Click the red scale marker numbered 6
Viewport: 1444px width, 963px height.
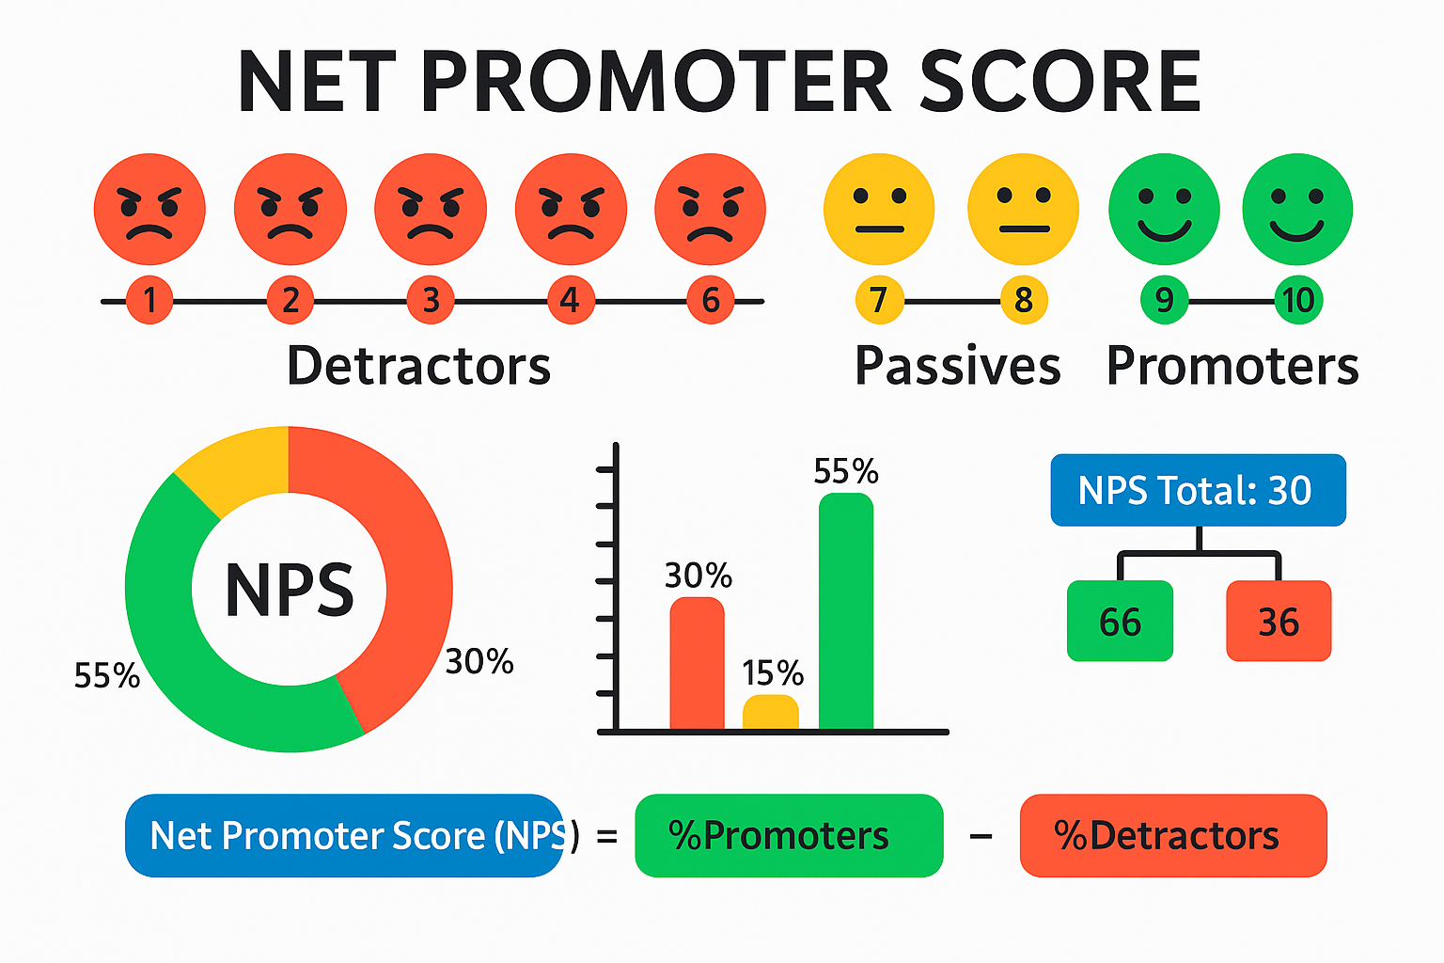(711, 300)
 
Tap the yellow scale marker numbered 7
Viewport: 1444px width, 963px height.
(879, 300)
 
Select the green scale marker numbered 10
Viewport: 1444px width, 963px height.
(1298, 300)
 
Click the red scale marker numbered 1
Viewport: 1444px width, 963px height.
(149, 300)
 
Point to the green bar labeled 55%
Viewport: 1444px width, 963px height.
(846, 611)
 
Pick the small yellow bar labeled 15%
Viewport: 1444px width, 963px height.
(771, 712)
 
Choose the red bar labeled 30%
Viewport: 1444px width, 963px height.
(697, 664)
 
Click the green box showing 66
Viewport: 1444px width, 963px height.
(1120, 621)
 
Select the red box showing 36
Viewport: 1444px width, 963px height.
(1279, 621)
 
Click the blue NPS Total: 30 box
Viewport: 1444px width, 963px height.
(1198, 490)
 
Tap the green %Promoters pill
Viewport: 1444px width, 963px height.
(789, 835)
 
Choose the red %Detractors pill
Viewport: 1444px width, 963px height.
(1173, 835)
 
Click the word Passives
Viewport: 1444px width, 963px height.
(957, 367)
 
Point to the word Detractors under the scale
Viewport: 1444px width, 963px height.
(418, 365)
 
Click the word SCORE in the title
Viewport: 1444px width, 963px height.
(1059, 81)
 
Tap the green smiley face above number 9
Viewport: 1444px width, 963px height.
(1164, 209)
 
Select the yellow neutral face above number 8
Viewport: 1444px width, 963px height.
(1023, 209)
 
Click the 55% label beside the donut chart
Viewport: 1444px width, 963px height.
(107, 676)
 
